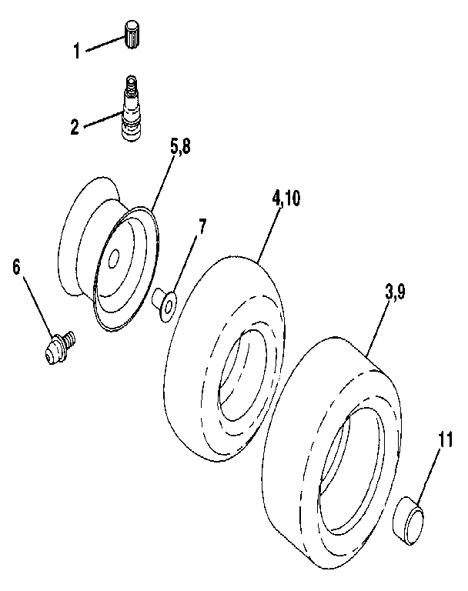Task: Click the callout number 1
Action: pyautogui.click(x=77, y=52)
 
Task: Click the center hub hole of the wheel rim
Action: pyautogui.click(x=114, y=259)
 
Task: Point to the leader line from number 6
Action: pyautogui.click(x=38, y=305)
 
